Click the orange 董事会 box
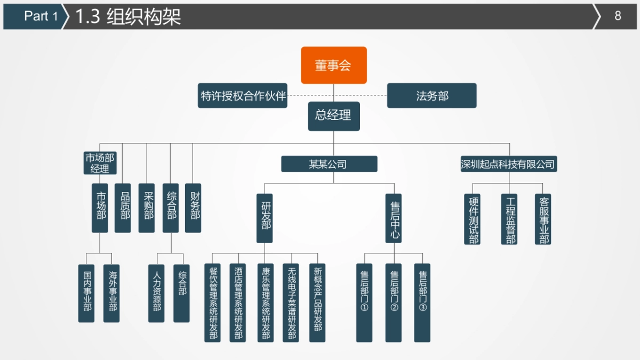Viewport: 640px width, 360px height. (334, 65)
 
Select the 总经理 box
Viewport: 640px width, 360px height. (334, 116)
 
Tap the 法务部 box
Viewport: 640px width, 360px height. (431, 95)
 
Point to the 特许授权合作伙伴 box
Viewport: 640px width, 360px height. (243, 95)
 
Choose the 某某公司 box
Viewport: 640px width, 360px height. (329, 164)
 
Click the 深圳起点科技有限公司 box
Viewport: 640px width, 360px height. (508, 164)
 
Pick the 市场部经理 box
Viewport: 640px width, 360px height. (100, 163)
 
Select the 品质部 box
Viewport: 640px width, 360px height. (123, 208)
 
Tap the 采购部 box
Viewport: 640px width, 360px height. (147, 208)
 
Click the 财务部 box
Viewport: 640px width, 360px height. (193, 208)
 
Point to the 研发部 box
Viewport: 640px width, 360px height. (265, 218)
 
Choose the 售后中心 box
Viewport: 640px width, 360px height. (394, 218)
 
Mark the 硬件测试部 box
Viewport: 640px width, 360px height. (472, 219)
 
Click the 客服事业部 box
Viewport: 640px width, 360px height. (543, 219)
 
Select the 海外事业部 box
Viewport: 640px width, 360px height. (111, 293)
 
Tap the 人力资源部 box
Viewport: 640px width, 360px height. (156, 293)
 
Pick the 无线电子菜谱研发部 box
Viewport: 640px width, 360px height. (291, 302)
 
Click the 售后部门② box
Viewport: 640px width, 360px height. (394, 302)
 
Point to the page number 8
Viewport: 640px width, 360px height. (618, 16)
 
